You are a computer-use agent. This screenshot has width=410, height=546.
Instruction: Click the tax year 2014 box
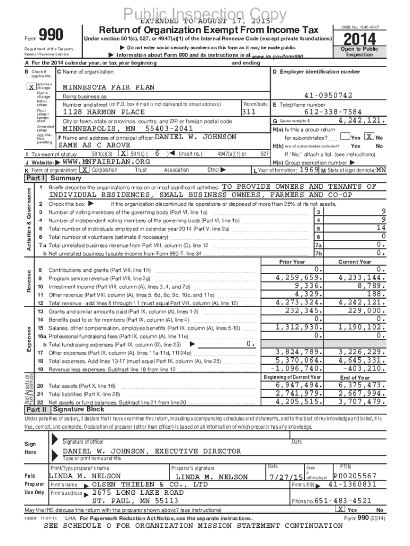pyautogui.click(x=359, y=39)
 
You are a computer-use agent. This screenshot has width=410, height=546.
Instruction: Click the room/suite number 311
pyautogui.click(x=249, y=112)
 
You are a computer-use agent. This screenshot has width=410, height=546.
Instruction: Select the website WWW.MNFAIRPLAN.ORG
pyautogui.click(x=106, y=162)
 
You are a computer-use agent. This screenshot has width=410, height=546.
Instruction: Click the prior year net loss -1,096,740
pyautogui.click(x=296, y=368)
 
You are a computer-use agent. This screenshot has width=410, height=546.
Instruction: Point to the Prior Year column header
pyautogui.click(x=292, y=262)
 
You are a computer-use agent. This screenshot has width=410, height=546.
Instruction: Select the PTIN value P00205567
pyautogui.click(x=355, y=476)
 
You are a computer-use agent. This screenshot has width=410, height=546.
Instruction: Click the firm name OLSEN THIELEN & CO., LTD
pyautogui.click(x=150, y=485)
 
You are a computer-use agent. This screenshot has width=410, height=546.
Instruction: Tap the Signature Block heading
pyautogui.click(x=78, y=409)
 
